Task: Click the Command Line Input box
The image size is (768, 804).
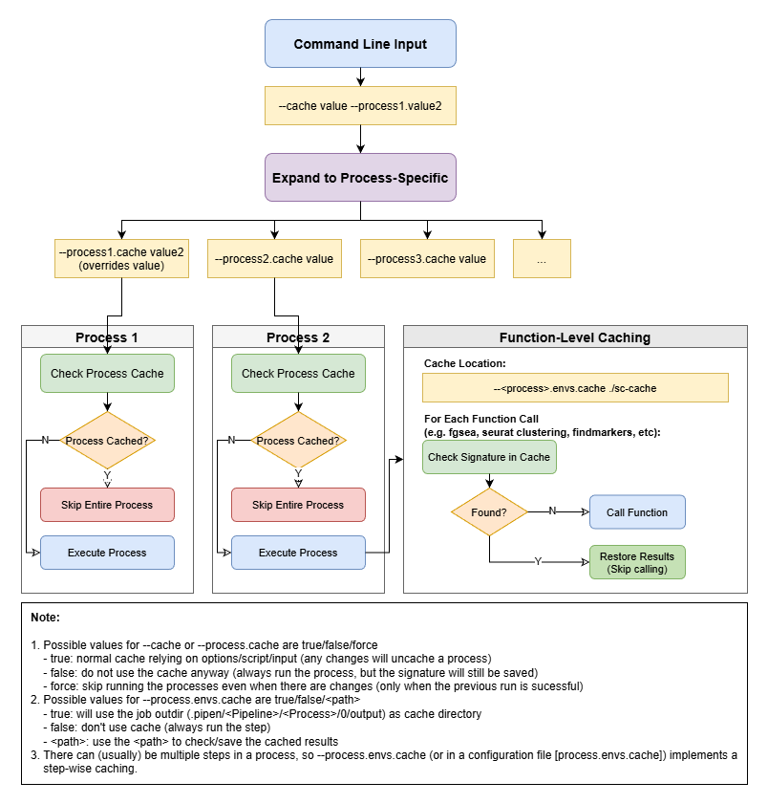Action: point(360,44)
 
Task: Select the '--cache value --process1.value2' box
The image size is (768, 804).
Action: point(360,106)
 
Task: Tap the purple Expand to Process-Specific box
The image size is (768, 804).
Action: point(360,177)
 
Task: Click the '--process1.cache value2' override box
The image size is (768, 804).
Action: point(121,258)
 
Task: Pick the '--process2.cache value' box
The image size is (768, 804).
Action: point(274,258)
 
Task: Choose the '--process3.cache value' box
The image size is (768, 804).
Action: point(427,258)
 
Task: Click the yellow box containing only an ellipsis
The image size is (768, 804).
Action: point(542,258)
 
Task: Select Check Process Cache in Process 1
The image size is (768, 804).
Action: point(107,373)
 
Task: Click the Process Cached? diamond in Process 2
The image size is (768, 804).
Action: point(298,441)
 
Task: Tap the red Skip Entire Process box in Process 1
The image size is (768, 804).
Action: point(107,505)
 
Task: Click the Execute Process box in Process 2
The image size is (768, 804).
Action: point(298,553)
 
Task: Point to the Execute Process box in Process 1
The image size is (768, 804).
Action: point(107,553)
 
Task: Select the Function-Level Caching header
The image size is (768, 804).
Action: point(575,337)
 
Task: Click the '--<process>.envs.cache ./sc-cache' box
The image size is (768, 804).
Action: point(575,387)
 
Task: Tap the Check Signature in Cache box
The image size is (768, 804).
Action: point(489,457)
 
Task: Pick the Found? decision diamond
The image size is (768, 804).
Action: point(489,512)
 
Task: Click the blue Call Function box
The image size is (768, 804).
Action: point(637,512)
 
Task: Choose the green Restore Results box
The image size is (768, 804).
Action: point(637,563)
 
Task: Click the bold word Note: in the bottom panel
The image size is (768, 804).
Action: point(45,618)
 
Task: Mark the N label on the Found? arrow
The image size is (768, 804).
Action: point(552,511)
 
